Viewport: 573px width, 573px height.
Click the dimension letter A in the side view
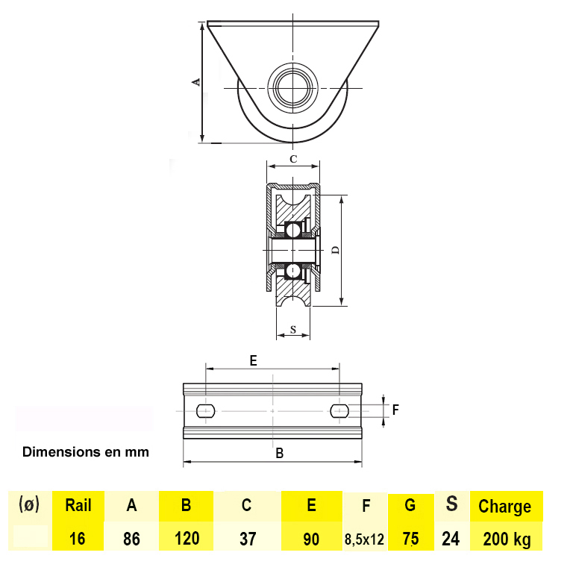197,82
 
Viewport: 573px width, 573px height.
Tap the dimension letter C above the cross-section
293,159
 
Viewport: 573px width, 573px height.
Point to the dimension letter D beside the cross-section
335,250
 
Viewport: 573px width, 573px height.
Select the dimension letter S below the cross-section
293,329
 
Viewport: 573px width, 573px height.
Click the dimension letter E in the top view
253,360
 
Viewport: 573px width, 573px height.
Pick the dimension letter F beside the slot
395,410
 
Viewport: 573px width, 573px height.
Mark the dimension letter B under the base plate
280,453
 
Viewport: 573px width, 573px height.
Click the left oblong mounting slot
205,411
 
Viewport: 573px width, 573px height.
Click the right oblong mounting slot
339,411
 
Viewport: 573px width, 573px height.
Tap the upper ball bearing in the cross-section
292,230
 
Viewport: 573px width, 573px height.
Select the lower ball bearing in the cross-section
292,271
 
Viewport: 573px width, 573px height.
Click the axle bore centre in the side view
292,88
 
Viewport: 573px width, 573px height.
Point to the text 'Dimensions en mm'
86,452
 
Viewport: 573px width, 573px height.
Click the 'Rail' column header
78,505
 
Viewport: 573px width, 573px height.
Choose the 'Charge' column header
504,507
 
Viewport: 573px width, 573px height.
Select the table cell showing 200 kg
507,539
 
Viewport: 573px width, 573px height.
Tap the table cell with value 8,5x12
364,539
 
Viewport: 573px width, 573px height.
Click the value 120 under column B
187,539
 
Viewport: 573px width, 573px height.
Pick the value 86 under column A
131,539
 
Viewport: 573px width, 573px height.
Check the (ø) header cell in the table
29,504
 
